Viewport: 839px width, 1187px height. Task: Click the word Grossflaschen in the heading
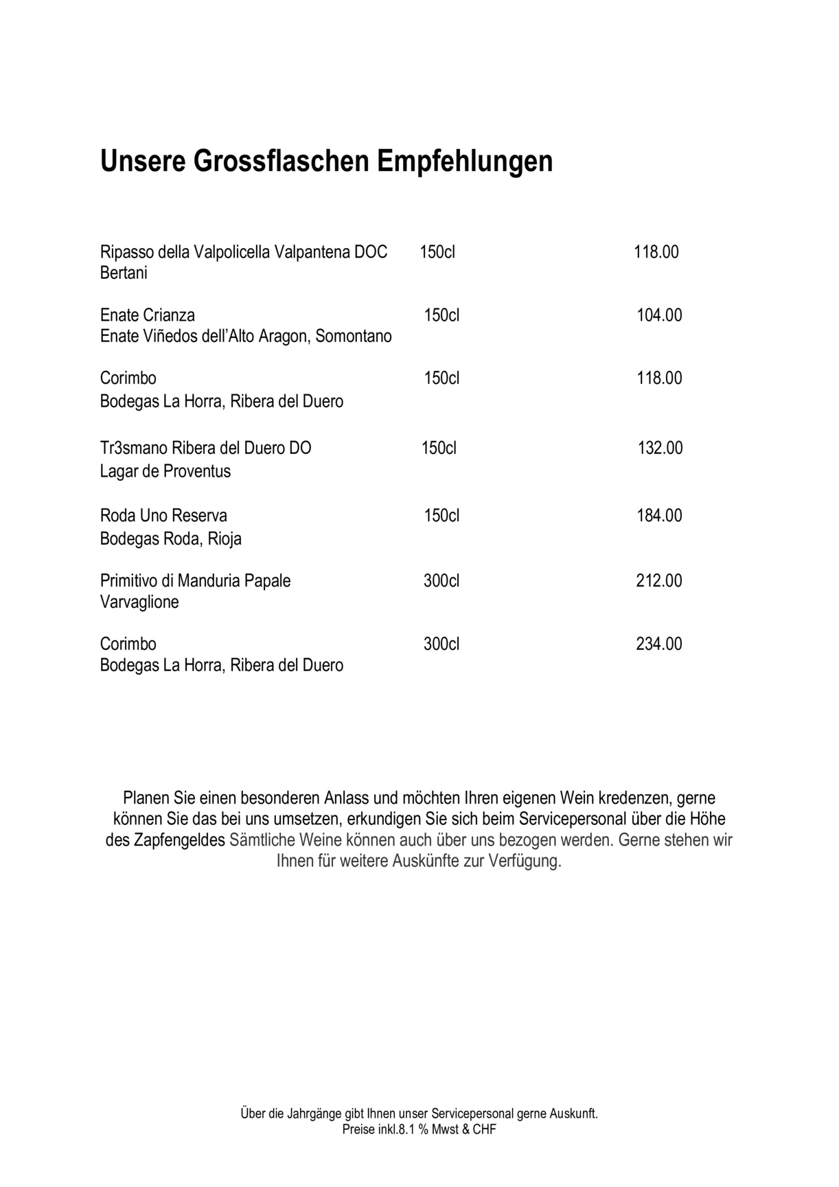281,161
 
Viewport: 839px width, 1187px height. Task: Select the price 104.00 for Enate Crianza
659,315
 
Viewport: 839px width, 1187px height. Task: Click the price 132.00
660,449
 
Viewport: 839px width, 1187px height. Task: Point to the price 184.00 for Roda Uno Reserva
659,516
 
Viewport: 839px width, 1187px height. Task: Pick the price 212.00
659,581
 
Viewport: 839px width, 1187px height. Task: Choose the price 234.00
659,644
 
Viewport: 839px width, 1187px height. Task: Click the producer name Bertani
124,273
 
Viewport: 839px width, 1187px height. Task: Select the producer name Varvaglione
139,602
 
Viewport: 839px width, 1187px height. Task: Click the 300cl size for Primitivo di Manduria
441,581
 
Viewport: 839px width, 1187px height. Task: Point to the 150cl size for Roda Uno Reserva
441,516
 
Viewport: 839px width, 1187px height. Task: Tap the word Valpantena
312,252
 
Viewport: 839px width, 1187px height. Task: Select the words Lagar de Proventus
165,472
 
